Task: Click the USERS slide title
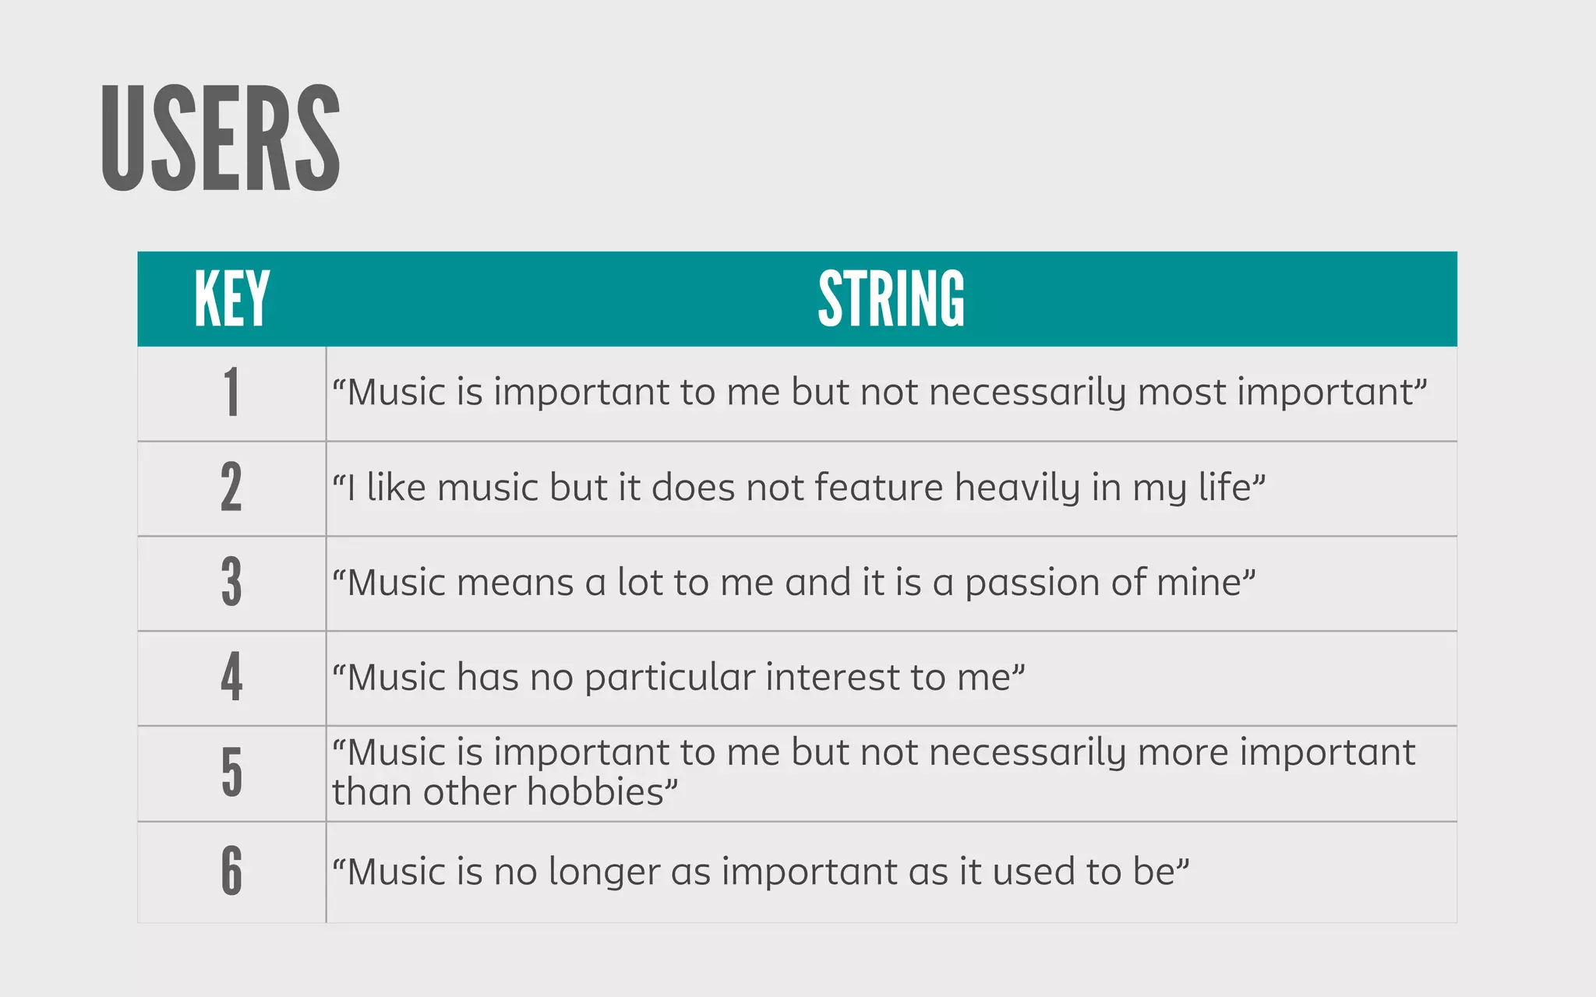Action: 221,139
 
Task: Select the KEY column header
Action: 231,298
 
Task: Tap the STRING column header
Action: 891,298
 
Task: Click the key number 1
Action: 231,393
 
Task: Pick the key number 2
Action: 231,488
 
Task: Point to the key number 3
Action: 231,583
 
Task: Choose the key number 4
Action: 231,677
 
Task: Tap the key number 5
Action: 231,772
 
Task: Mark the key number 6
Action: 231,870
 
